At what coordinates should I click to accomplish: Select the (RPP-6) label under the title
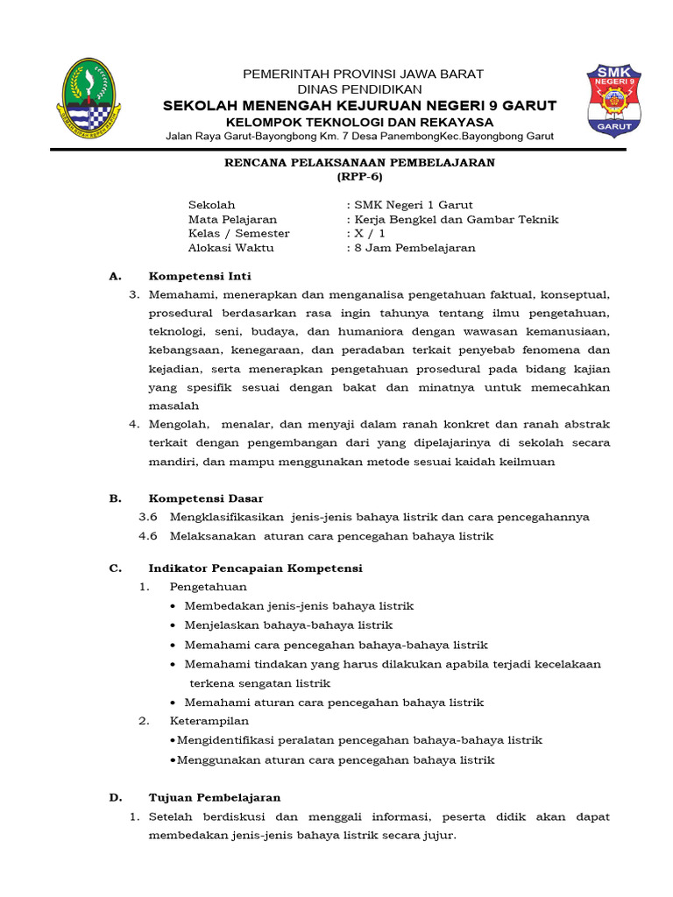359,177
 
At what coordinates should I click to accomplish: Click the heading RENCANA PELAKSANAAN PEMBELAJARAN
360,163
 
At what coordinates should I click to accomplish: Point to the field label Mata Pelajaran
232,220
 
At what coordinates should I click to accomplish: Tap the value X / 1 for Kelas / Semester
369,234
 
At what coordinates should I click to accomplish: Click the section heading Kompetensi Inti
200,276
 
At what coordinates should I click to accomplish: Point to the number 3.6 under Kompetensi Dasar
148,517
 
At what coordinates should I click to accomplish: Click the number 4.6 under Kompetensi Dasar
148,536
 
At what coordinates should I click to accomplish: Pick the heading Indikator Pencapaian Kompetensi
255,569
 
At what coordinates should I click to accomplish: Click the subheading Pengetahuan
209,587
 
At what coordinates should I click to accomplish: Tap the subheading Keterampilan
209,721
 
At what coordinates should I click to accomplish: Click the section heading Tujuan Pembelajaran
215,798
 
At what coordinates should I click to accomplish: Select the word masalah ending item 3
174,406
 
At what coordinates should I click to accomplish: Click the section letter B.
114,498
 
